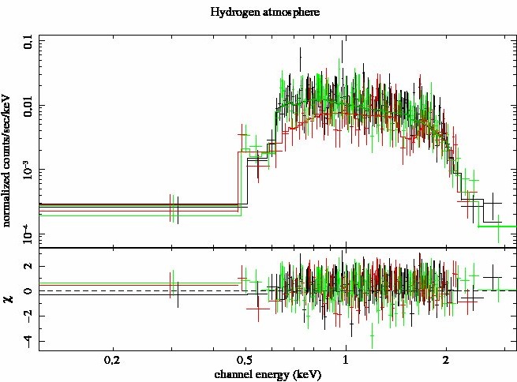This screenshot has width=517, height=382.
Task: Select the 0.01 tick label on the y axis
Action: click(x=28, y=105)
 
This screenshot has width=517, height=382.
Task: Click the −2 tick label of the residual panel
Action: click(x=28, y=316)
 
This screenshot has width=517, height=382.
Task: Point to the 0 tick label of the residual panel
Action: click(x=28, y=291)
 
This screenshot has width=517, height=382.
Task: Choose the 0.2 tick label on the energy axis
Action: click(x=114, y=360)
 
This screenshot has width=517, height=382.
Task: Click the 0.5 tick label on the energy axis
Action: click(x=245, y=360)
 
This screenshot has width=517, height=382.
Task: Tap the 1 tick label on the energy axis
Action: click(x=345, y=360)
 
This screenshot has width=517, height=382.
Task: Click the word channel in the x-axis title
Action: click(x=235, y=374)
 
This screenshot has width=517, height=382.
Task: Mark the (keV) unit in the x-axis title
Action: click(x=306, y=374)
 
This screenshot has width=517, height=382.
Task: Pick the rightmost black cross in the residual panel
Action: click(x=493, y=277)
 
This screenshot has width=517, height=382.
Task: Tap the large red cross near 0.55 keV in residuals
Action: click(x=258, y=309)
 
